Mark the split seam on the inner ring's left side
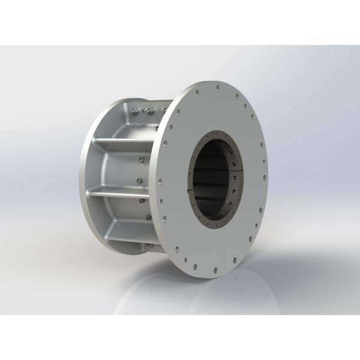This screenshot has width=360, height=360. pyautogui.click(x=191, y=191)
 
